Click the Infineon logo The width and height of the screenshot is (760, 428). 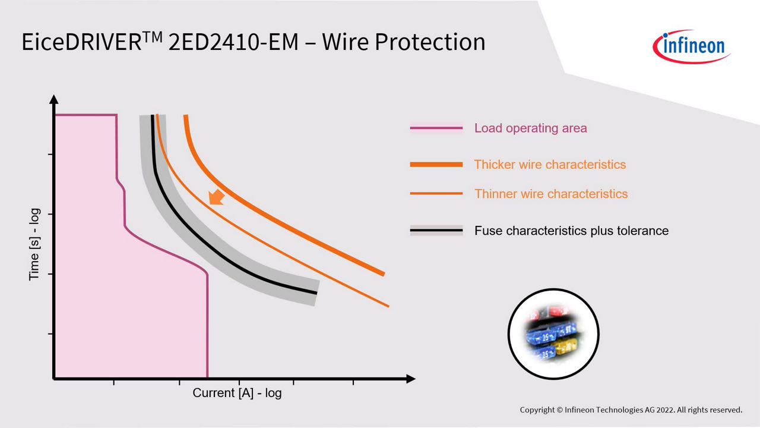pos(691,47)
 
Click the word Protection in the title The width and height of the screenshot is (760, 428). pos(430,42)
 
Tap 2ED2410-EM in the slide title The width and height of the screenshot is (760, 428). pos(233,42)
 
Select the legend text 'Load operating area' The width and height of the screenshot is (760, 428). pos(530,128)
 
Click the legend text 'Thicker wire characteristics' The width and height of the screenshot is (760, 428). pos(550,165)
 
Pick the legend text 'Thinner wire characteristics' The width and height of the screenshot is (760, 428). pos(551,194)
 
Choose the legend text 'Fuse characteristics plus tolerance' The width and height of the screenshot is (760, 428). pos(571,231)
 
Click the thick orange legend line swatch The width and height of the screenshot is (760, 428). pos(436,165)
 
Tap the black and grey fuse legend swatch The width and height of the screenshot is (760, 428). pos(436,230)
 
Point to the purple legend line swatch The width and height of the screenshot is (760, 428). pos(436,128)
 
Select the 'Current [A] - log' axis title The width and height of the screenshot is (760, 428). pos(237,393)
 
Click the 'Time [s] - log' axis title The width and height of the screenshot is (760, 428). pos(34,244)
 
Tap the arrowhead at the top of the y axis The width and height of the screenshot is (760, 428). pos(53,99)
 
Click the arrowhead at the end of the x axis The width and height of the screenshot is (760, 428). pos(411,379)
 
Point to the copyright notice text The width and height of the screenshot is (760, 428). pos(631,410)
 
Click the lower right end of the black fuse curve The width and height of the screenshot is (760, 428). pos(316,293)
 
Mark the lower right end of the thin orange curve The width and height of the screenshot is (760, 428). pos(388,306)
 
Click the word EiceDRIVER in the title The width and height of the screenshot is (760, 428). pos(81,42)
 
